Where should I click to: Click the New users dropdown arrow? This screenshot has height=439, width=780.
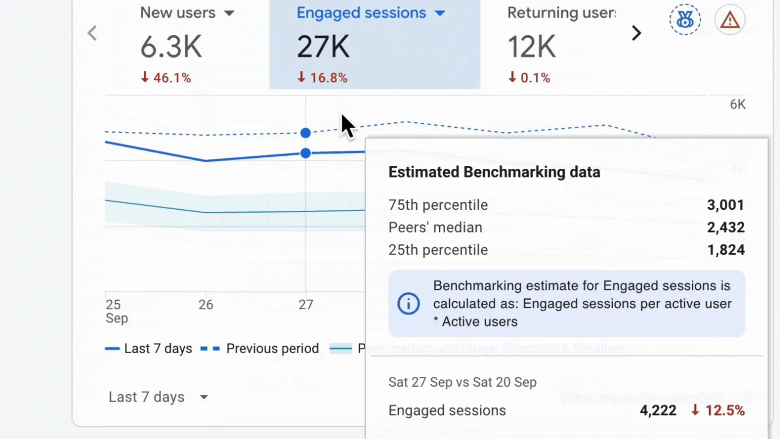pyautogui.click(x=229, y=13)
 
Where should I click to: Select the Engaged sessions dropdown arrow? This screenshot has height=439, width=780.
pyautogui.click(x=440, y=13)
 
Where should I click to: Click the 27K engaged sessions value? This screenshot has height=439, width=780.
pyautogui.click(x=323, y=47)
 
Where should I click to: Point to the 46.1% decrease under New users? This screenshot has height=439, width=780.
pyautogui.click(x=166, y=77)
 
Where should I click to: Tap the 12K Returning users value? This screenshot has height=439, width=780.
pyautogui.click(x=531, y=47)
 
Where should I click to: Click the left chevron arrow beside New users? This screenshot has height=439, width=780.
pyautogui.click(x=93, y=33)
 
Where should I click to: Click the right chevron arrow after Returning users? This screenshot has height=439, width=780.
pyautogui.click(x=636, y=33)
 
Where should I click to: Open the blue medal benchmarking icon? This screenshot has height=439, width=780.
pyautogui.click(x=685, y=20)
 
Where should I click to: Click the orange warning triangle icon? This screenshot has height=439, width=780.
pyautogui.click(x=730, y=20)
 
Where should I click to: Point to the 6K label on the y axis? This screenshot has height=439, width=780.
pyautogui.click(x=737, y=104)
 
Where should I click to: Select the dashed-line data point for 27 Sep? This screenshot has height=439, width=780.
pyautogui.click(x=305, y=133)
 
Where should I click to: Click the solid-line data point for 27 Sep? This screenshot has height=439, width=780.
pyautogui.click(x=305, y=153)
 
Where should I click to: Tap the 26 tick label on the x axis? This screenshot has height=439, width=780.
pyautogui.click(x=206, y=304)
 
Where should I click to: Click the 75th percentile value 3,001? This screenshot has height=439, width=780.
pyautogui.click(x=726, y=205)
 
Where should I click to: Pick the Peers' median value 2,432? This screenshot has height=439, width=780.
pyautogui.click(x=726, y=227)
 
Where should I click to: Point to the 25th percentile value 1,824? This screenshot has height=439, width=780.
pyautogui.click(x=726, y=250)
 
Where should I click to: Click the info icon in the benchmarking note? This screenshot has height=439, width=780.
pyautogui.click(x=408, y=304)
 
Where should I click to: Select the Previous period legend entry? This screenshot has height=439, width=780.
pyautogui.click(x=260, y=348)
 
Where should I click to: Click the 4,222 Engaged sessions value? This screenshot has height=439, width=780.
pyautogui.click(x=658, y=411)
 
